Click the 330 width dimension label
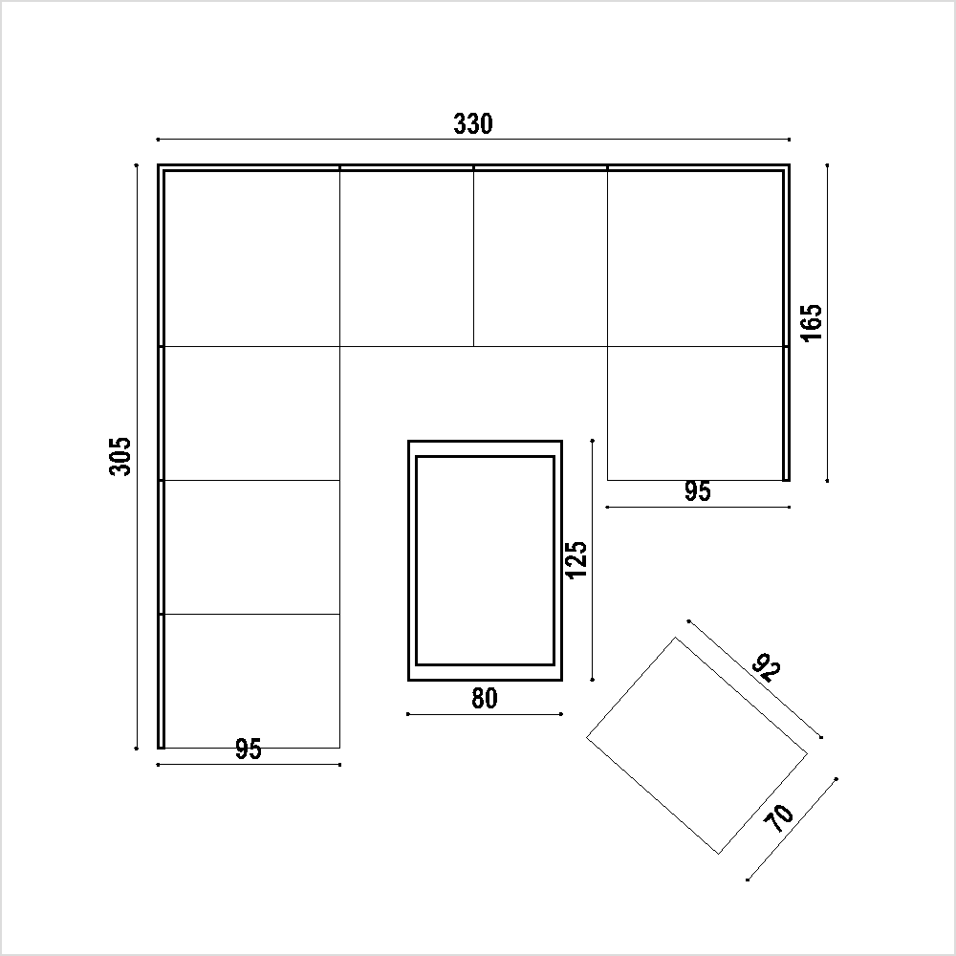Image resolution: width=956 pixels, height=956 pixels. [x=472, y=123]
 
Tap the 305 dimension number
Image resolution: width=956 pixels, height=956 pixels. [x=120, y=456]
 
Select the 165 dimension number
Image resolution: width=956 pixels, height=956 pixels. [x=811, y=322]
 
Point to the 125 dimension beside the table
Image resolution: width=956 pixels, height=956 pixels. [x=576, y=560]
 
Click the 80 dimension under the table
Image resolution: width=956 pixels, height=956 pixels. [x=485, y=699]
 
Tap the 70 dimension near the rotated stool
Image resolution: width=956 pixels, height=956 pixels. [x=780, y=819]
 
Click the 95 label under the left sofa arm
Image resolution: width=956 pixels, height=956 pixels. [x=249, y=750]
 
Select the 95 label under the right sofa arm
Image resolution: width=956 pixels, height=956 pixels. [x=698, y=491]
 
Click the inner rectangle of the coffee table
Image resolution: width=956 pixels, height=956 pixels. [x=485, y=560]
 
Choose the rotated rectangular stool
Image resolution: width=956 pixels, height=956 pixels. [x=697, y=745]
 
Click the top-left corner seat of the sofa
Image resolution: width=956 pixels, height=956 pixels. [x=251, y=258]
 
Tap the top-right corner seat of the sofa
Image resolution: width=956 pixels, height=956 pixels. [x=695, y=258]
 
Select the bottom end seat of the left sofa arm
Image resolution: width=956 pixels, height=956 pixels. [x=251, y=681]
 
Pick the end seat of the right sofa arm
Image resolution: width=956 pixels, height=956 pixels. [x=695, y=413]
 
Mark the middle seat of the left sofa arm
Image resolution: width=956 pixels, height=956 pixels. [x=251, y=547]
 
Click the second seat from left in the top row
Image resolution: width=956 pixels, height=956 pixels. [x=406, y=258]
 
